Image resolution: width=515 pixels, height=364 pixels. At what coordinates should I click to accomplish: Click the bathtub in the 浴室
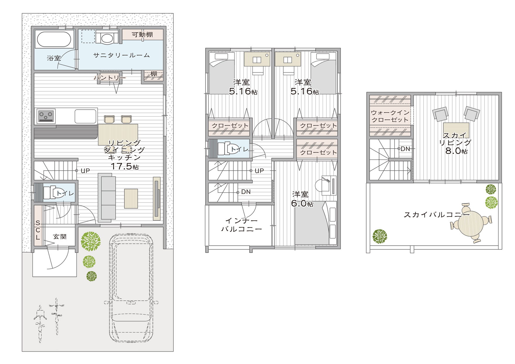click(x=54, y=39)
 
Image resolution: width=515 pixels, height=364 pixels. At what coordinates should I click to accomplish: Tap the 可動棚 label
click(x=142, y=35)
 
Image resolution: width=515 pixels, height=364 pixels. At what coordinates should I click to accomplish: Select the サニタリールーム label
click(x=122, y=55)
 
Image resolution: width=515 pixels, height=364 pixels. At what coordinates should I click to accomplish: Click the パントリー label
click(x=110, y=78)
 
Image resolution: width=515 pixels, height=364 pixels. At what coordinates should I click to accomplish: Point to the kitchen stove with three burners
click(x=46, y=116)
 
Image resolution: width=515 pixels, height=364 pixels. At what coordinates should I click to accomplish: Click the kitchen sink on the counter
click(x=86, y=116)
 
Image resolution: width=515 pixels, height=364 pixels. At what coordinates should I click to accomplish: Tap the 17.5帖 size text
click(x=125, y=166)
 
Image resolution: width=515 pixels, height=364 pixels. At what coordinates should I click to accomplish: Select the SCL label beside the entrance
click(x=38, y=230)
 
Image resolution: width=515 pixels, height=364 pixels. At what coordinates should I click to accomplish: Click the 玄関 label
click(x=60, y=237)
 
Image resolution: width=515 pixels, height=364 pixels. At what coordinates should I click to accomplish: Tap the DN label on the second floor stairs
click(x=246, y=192)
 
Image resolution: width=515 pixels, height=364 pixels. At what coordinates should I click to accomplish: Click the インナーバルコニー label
click(x=242, y=225)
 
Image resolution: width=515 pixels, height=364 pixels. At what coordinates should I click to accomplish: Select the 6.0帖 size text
click(x=302, y=203)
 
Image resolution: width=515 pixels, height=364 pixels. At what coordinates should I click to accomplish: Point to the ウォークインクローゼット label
click(x=390, y=116)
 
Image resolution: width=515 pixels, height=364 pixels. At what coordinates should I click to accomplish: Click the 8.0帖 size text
click(x=456, y=151)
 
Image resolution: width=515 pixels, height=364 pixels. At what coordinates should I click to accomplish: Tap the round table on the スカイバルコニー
click(x=471, y=224)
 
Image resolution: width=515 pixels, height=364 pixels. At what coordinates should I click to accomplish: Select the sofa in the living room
click(x=107, y=198)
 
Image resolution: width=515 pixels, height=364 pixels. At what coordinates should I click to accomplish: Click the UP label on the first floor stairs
click(x=85, y=171)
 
